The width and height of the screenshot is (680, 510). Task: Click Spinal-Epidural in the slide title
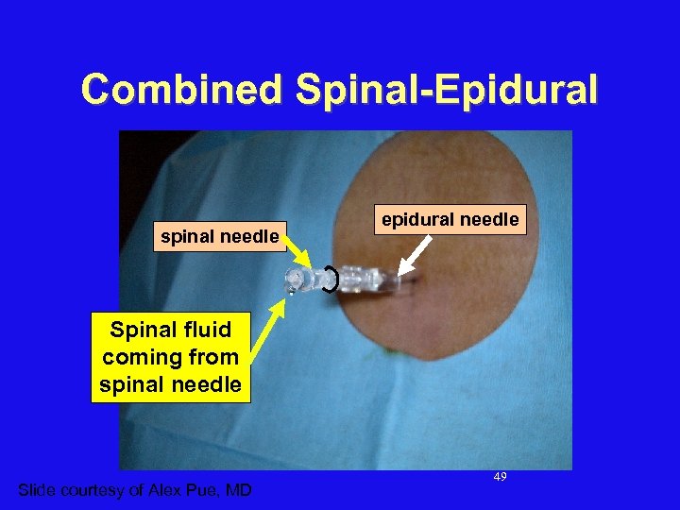446,90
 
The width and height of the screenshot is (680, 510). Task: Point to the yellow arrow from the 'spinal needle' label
303,256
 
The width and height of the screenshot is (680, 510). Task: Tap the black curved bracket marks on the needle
330,280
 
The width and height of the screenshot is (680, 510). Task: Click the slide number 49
500,477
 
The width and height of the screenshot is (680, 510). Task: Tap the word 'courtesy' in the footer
93,489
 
